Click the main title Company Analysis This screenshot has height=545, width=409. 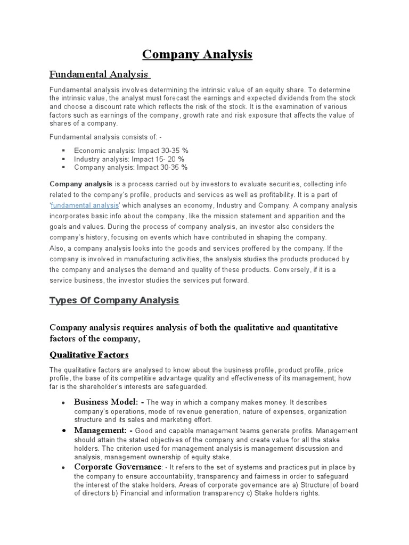tap(197, 54)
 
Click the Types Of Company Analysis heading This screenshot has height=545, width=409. tap(114, 301)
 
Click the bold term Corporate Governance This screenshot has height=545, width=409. tap(118, 467)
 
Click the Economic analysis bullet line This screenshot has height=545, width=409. tap(130, 151)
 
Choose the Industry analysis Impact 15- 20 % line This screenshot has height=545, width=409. tap(129, 159)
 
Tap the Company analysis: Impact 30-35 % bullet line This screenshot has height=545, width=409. tap(130, 167)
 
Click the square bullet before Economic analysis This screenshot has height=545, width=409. tap(64, 151)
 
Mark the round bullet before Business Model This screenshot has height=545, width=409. tap(64, 402)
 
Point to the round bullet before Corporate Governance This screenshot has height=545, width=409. tap(64, 467)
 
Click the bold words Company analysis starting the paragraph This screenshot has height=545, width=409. tap(81, 184)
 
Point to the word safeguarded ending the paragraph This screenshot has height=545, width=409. tap(187, 386)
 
